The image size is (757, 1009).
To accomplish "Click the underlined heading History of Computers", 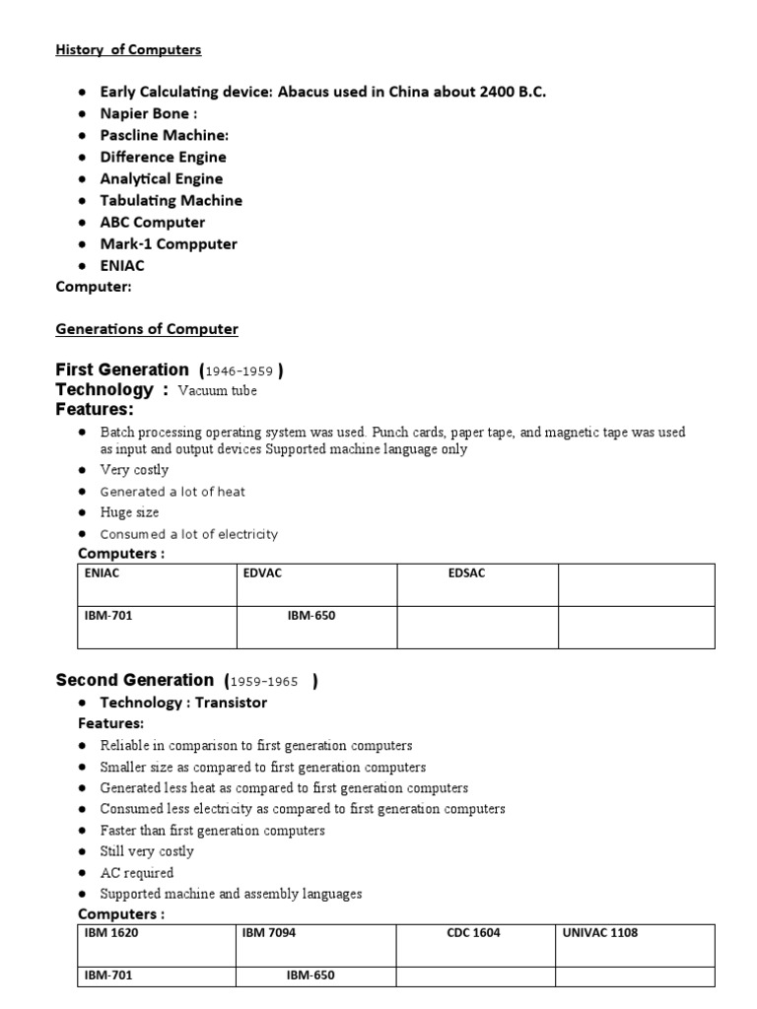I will pos(128,49).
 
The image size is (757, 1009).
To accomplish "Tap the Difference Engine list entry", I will pos(163,157).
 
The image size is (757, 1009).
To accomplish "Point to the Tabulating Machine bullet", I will pos(171,200).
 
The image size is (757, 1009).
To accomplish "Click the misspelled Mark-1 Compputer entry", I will pos(169,243).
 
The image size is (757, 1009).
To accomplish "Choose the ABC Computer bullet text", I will pos(154,222).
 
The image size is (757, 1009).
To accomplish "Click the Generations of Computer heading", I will pos(147,329).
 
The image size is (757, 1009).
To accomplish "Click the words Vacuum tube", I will pos(217,391).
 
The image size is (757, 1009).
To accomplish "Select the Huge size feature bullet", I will pos(129,512).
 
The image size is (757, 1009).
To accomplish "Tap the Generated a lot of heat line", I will pos(172,491).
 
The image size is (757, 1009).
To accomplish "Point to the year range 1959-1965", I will pos(264,681).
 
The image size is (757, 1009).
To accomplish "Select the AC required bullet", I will pos(136,872).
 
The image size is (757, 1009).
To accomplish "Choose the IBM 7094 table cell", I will pos(268,932).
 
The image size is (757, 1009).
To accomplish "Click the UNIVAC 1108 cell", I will pos(600,932).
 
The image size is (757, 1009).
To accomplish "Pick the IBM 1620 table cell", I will pos(111,932).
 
